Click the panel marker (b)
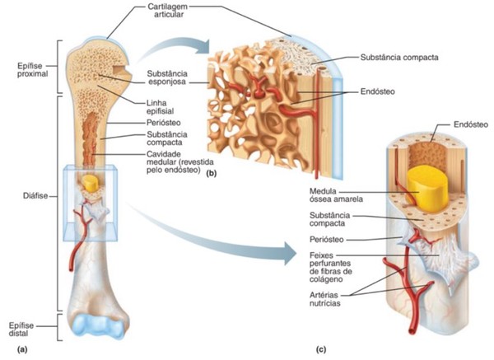tap(212, 175)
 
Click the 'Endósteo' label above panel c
tap(471, 124)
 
